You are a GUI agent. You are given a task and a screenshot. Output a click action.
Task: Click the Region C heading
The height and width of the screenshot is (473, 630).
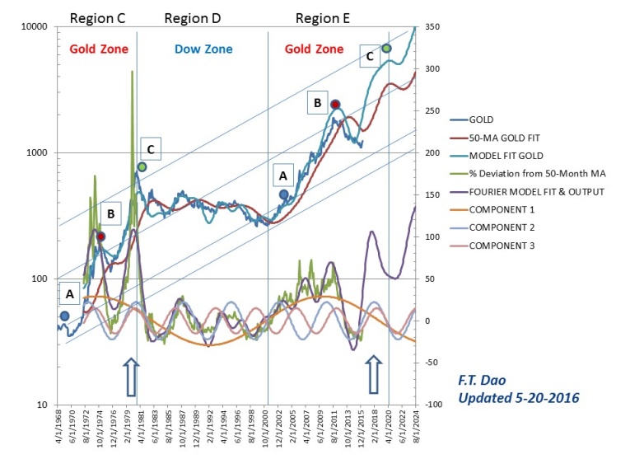pos(98,17)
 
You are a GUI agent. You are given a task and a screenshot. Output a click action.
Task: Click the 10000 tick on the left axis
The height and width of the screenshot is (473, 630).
pos(34,27)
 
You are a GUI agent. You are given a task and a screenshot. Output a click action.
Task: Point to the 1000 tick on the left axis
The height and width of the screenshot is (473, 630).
pos(37,153)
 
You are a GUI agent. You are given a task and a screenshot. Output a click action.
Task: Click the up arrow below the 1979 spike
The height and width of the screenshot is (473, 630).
pos(129,377)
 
